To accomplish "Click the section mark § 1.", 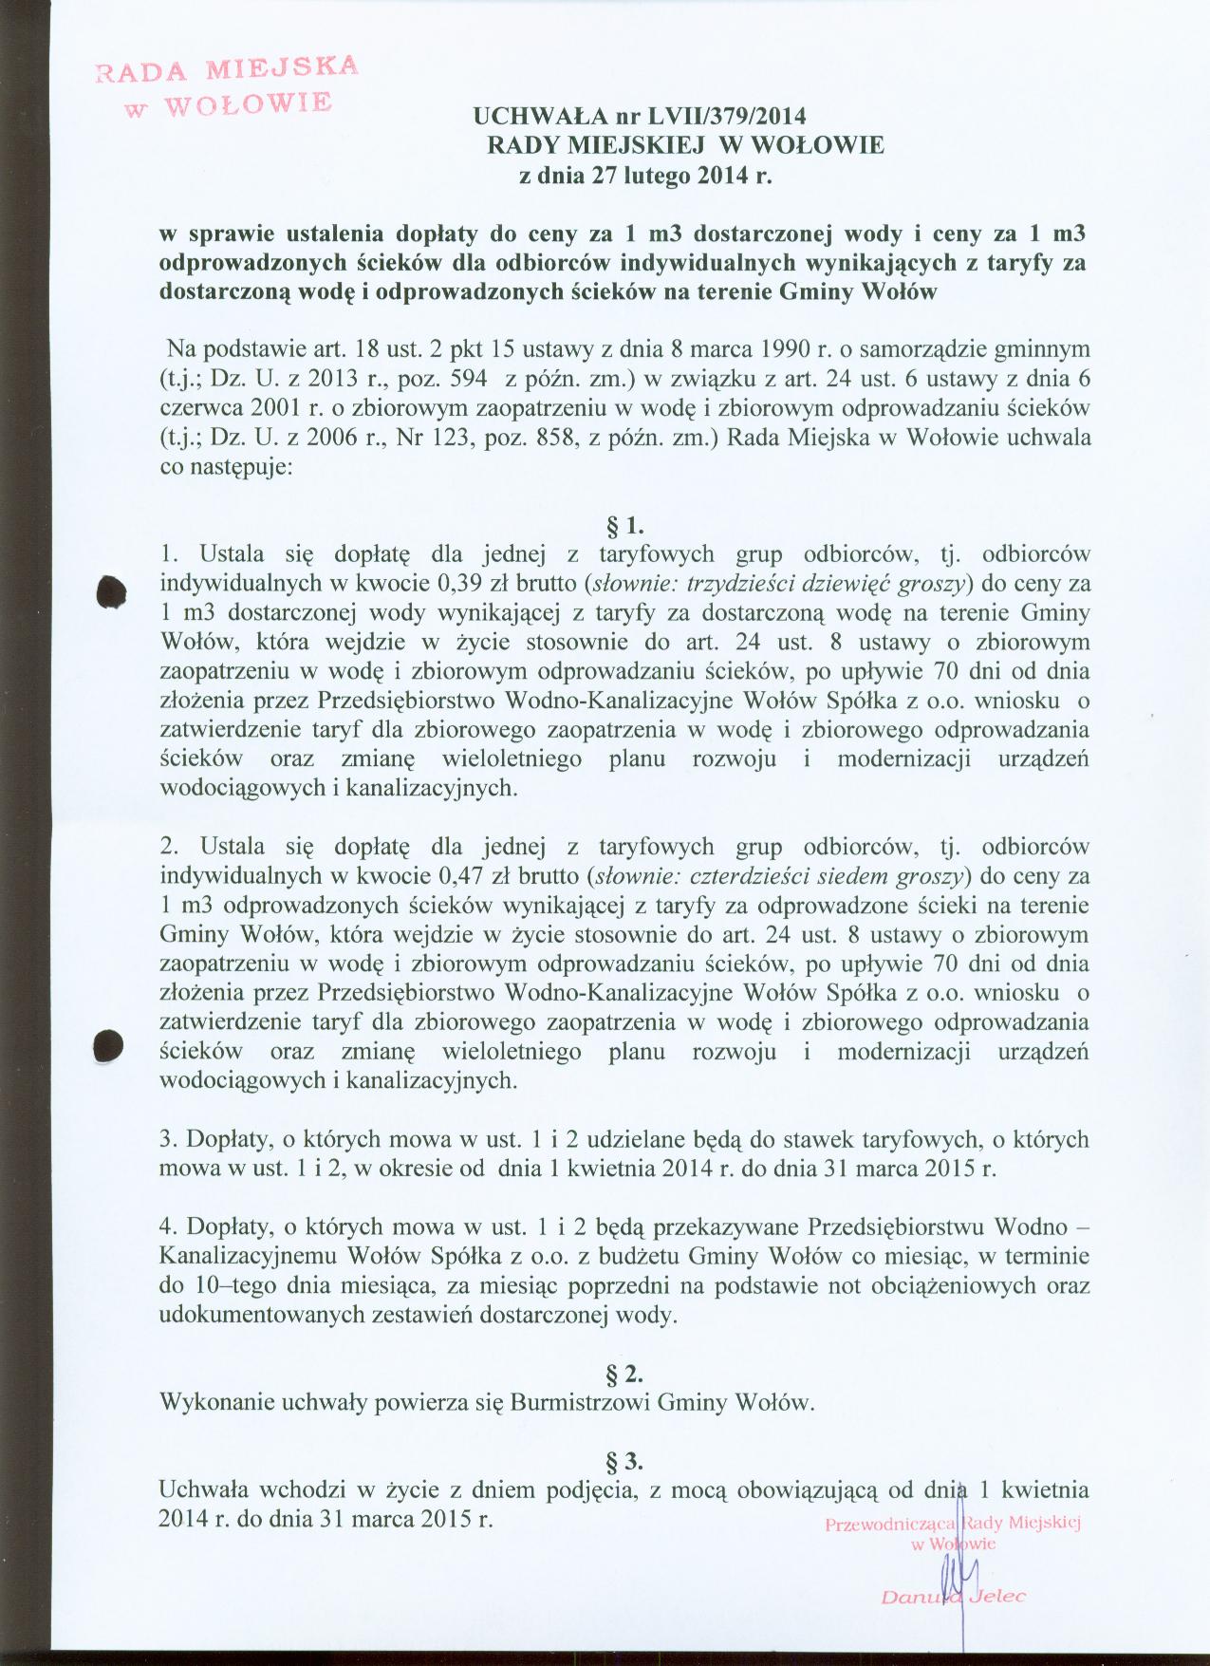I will click(626, 523).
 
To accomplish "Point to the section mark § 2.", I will click(626, 1374).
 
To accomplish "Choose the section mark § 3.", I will click(626, 1459).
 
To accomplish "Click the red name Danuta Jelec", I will click(952, 1597).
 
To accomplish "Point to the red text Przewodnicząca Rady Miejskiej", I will click(953, 1525).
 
